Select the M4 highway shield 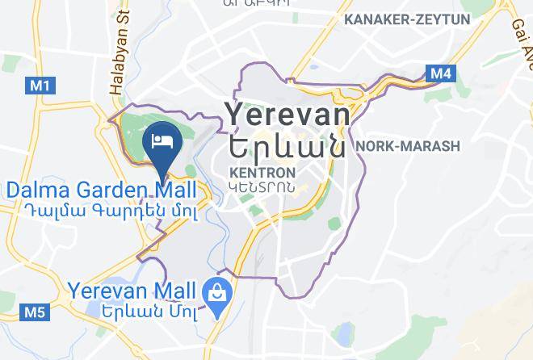(x=440, y=74)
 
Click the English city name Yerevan (x=287, y=115)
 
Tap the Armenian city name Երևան (x=287, y=146)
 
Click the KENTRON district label (x=262, y=173)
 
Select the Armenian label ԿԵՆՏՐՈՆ (x=262, y=188)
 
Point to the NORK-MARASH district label (x=407, y=146)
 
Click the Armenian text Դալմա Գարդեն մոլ (x=102, y=209)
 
